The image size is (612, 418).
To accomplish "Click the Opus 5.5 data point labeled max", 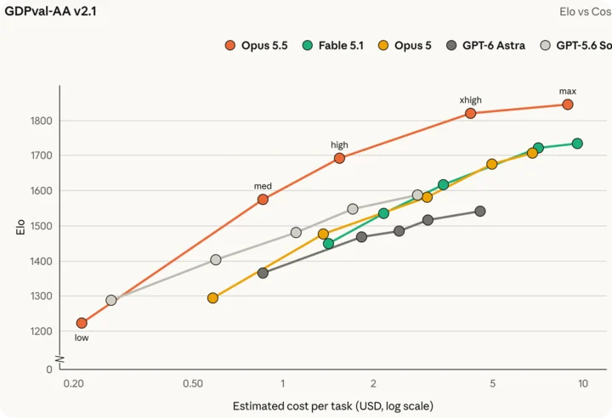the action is tap(568, 104).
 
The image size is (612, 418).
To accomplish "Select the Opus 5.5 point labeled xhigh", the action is tap(470, 113).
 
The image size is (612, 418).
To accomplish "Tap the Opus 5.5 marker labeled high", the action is tap(339, 158).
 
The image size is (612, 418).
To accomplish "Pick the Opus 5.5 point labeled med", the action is tap(263, 200).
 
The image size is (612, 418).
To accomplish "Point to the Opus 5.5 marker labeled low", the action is tap(82, 323).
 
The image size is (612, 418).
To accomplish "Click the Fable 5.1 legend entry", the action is tap(333, 45).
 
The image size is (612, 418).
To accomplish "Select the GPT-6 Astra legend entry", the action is tap(485, 45).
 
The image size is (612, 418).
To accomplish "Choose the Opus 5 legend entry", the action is tap(405, 45).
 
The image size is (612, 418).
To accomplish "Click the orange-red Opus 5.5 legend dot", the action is tap(230, 45).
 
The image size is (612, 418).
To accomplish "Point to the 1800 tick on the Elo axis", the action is tap(41, 121).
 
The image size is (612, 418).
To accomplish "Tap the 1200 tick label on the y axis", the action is tap(41, 331).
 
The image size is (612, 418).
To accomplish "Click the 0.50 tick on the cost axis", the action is tap(193, 383).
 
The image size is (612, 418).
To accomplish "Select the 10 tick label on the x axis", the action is tap(583, 383).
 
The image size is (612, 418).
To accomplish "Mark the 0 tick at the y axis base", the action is tap(48, 369).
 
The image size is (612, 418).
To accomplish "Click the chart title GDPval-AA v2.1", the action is tap(50, 11).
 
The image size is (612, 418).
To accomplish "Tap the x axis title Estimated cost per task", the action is tap(333, 406).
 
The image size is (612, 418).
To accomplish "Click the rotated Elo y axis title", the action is tap(20, 227).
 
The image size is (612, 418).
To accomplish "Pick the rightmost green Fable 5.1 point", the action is tap(577, 144).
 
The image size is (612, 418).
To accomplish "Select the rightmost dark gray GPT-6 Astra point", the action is tap(480, 212).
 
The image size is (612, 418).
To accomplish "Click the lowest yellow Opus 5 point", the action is tap(212, 298).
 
